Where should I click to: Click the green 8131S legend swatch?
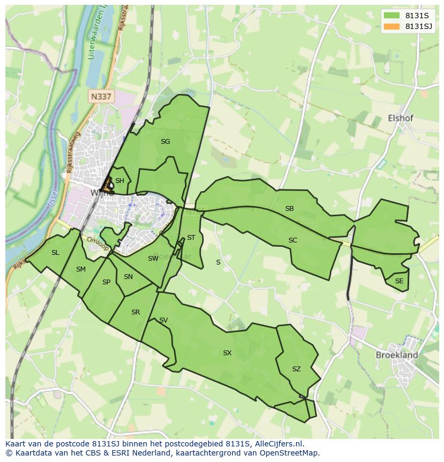coord(391,16)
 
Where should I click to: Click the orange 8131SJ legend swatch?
coord(391,26)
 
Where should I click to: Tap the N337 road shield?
coord(101,97)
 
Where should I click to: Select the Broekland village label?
coord(396,355)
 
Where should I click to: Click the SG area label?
coord(165,142)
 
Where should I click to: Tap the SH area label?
coord(120,181)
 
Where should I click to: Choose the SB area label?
coord(290,209)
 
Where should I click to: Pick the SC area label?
coord(293,240)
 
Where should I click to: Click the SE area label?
coord(399,281)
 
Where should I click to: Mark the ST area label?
coord(191,238)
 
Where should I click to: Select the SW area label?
coord(153,259)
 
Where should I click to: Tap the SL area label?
coord(55,253)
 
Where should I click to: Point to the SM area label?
coord(81,269)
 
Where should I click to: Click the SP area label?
coord(106,282)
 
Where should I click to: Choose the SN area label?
coord(128,277)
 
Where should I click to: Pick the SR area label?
coord(136,312)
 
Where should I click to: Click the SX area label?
coord(227,353)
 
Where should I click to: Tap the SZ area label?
coord(297,369)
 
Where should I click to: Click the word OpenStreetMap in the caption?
coord(289,453)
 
